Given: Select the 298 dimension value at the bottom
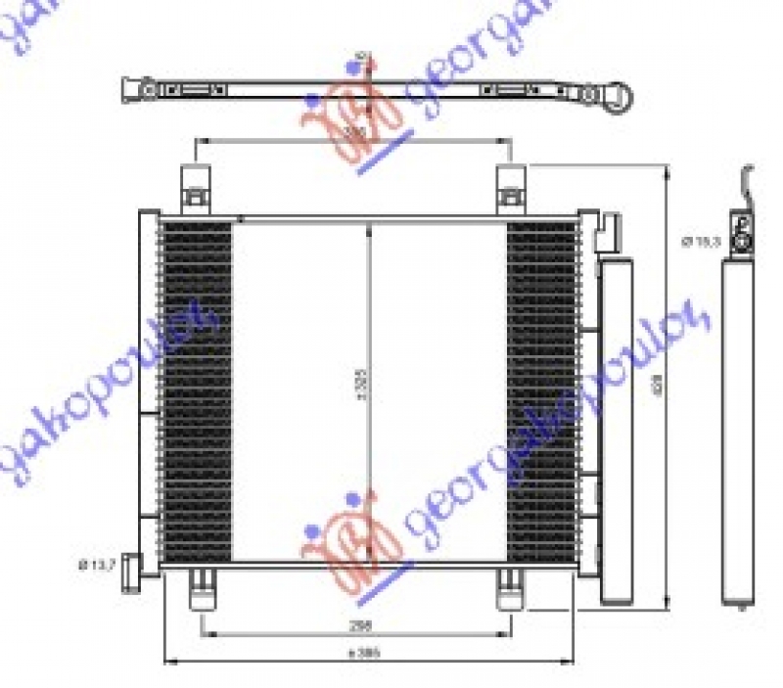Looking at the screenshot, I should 362,623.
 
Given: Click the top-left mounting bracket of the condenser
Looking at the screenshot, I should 196,190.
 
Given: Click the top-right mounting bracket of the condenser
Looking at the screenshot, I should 511,190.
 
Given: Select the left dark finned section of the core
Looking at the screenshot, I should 196,391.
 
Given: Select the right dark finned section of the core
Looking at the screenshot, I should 541,391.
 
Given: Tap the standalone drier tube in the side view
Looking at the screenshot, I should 740,431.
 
